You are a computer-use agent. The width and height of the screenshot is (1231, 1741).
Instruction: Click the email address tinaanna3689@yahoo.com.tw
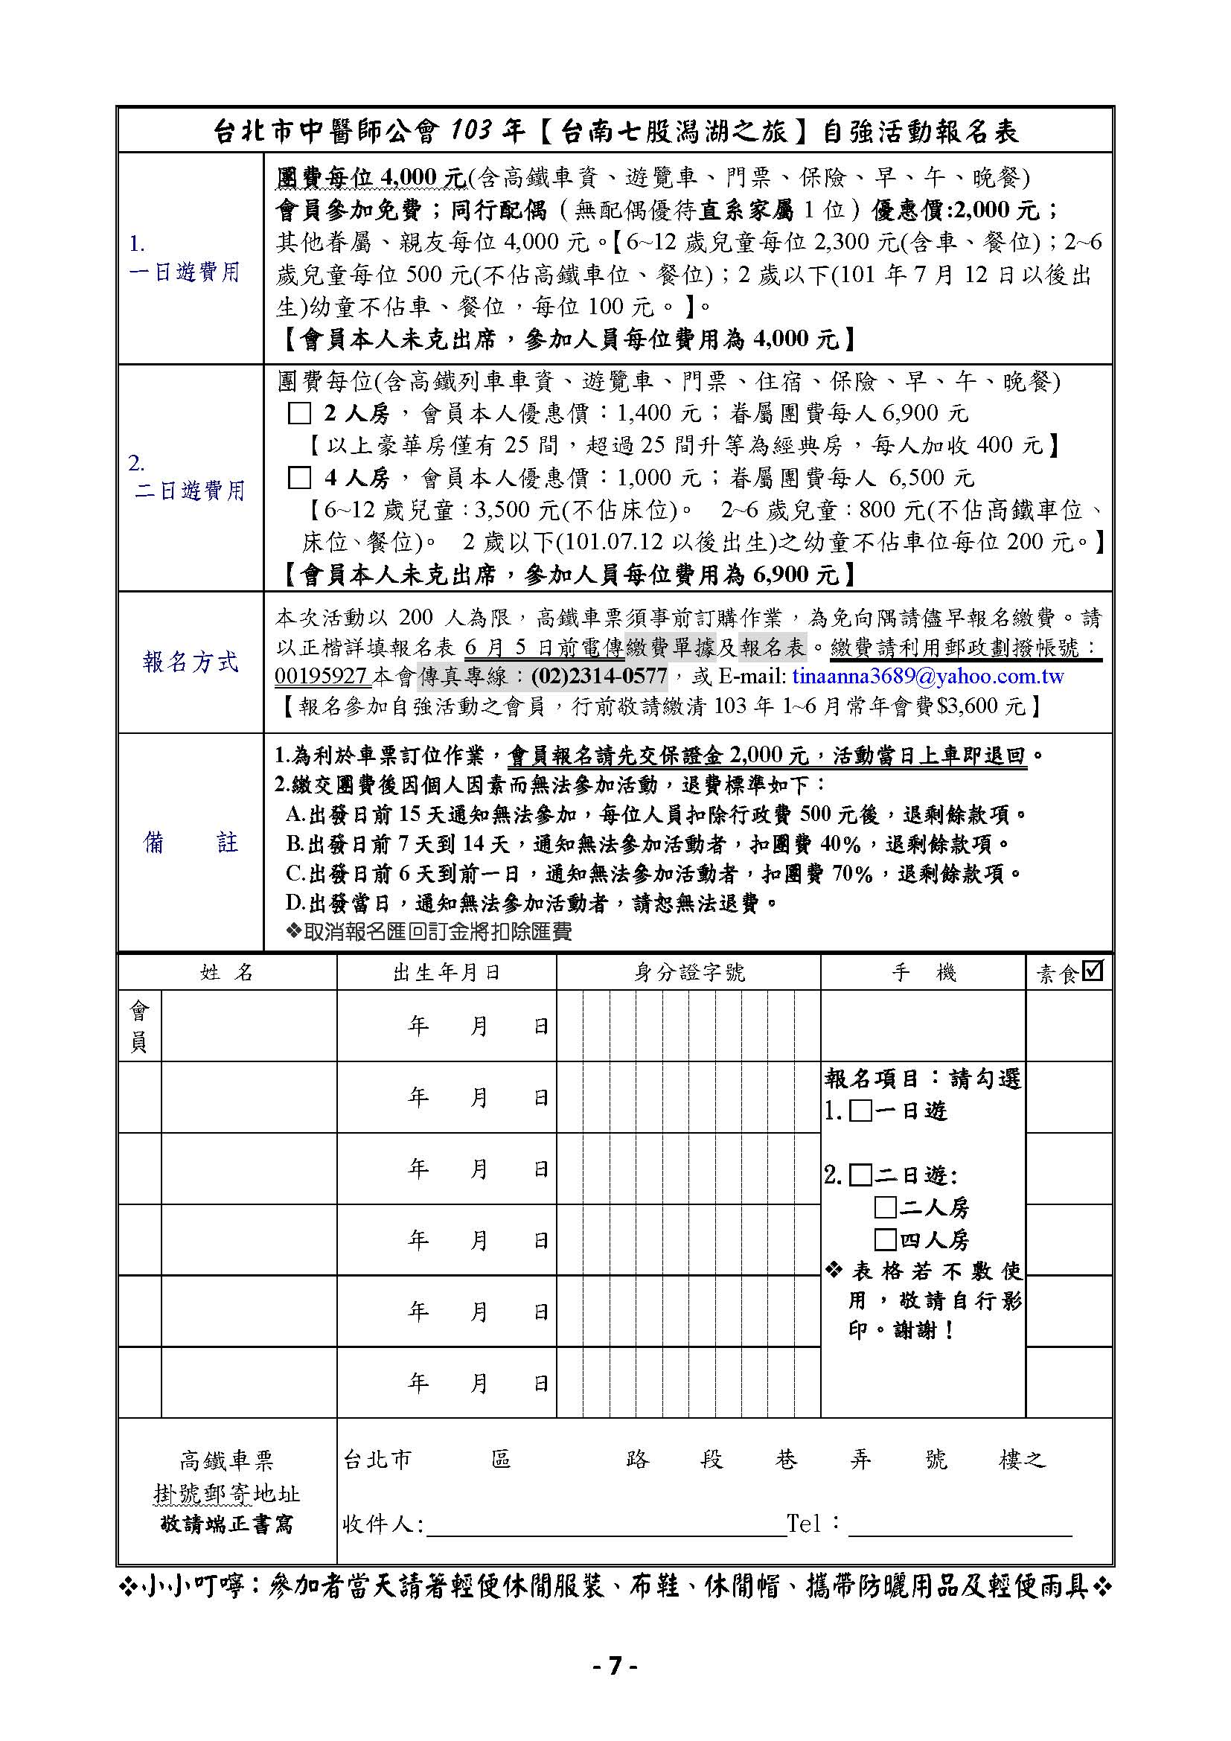point(928,676)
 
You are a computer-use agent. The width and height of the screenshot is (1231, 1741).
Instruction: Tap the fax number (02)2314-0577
point(599,676)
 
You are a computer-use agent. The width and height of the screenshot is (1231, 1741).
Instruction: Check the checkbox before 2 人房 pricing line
point(300,413)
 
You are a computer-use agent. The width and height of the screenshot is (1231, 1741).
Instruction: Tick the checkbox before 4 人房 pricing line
point(300,478)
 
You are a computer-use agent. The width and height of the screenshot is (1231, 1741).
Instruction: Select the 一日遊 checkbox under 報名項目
point(860,1111)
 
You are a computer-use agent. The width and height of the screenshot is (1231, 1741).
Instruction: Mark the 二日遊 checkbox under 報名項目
point(860,1176)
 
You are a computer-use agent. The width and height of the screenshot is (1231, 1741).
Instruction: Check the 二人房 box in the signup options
point(886,1207)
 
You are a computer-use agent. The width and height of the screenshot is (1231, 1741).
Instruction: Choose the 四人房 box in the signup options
point(886,1240)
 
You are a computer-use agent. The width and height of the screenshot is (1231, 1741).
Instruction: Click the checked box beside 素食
point(1093,971)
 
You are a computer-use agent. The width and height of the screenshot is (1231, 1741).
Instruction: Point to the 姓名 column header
point(227,973)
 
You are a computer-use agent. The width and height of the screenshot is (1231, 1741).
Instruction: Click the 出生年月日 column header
point(447,973)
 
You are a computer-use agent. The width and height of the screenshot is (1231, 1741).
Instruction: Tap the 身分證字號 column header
point(689,973)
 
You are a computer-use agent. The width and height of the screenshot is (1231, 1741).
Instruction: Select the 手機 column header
point(923,973)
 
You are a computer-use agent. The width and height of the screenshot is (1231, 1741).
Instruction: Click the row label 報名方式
point(191,662)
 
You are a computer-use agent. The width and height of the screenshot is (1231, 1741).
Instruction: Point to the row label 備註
point(191,843)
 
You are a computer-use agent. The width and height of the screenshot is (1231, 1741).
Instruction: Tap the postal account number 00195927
point(322,676)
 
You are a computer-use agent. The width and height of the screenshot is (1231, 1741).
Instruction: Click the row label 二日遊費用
point(191,491)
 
